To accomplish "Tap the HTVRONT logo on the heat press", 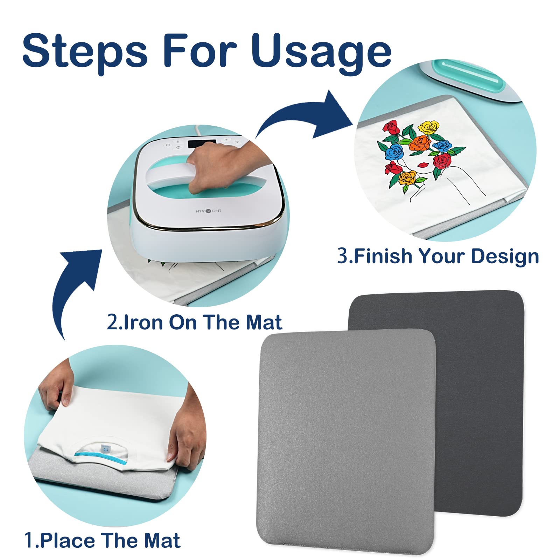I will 208,211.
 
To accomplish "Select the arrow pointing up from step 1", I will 75,287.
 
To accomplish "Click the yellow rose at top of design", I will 429,127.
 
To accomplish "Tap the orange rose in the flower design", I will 420,143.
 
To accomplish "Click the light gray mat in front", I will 346,441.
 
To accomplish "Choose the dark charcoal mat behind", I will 483,385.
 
